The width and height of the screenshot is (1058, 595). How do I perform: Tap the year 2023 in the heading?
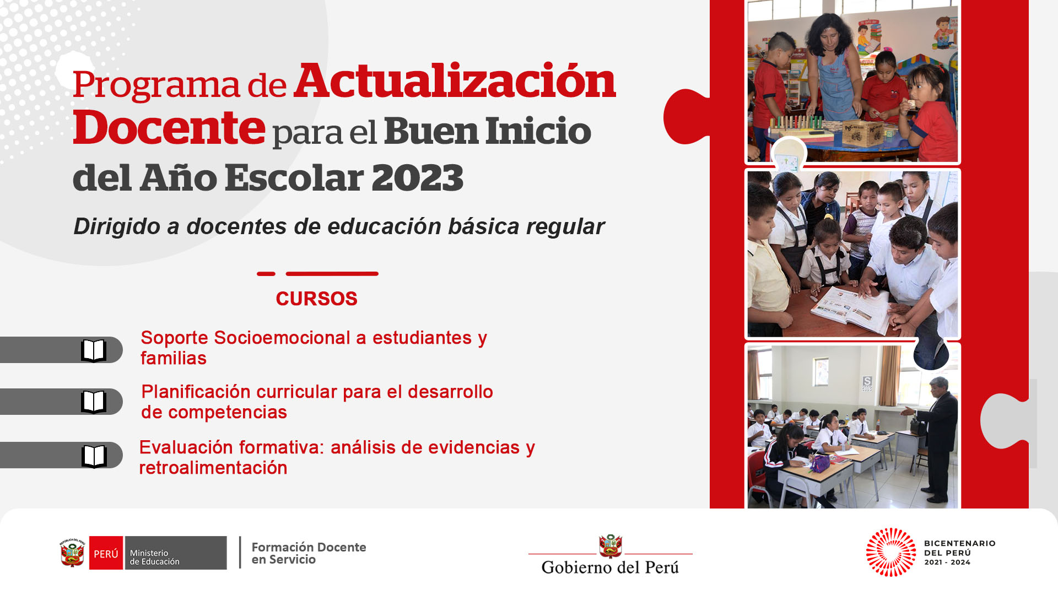[417, 178]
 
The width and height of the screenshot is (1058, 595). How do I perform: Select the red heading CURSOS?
[317, 299]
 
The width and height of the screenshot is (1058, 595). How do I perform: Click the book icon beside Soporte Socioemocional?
[94, 350]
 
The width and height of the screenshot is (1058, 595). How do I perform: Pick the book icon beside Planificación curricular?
[94, 402]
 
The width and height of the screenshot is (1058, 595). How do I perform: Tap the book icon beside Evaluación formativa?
[94, 456]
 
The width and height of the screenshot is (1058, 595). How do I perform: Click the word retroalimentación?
[213, 468]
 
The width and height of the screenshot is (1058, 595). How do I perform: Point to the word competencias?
[228, 413]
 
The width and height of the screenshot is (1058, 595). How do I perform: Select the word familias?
[174, 358]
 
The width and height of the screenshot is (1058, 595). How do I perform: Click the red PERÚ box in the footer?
[106, 553]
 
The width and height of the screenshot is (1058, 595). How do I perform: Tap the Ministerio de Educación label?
[154, 557]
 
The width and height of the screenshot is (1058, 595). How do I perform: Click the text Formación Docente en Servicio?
[309, 553]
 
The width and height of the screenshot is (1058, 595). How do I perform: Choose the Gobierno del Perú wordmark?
[610, 567]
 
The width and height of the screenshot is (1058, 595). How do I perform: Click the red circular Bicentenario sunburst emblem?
[891, 552]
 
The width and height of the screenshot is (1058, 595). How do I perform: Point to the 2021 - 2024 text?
[947, 562]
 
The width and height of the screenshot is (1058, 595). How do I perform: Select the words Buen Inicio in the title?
[487, 131]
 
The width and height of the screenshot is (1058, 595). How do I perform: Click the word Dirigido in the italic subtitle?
[117, 227]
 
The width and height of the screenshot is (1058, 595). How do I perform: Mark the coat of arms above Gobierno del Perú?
[611, 546]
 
